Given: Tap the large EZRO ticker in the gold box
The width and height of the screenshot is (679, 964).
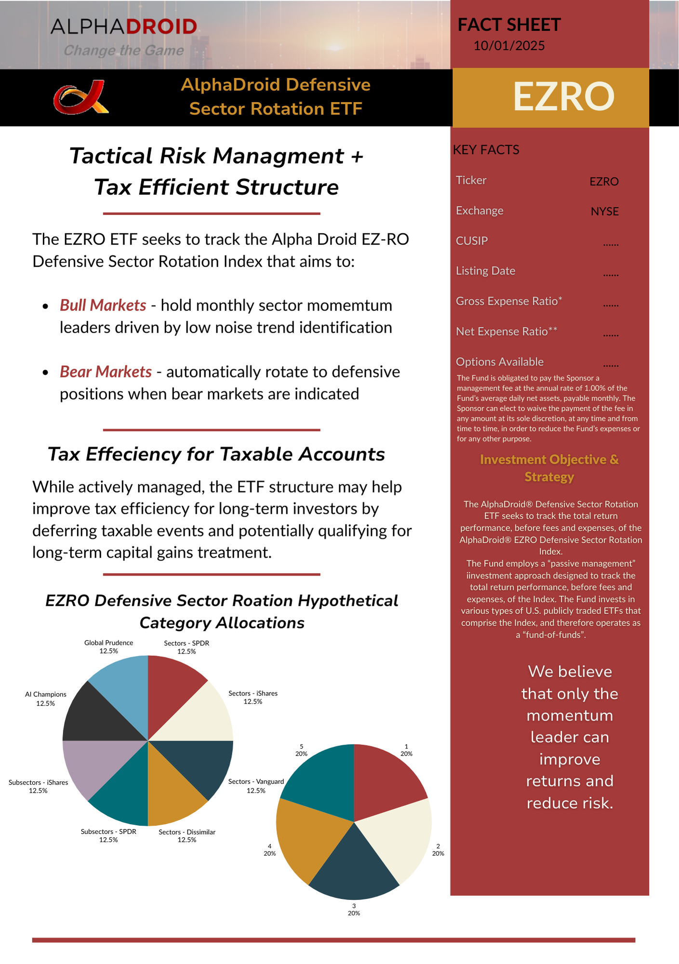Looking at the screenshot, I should [x=563, y=96].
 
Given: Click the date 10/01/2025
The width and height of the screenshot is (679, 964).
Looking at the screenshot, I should [x=509, y=46].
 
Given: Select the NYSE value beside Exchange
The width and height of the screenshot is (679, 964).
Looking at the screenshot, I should [x=604, y=212].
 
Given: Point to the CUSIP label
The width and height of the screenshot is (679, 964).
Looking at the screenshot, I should [x=472, y=241].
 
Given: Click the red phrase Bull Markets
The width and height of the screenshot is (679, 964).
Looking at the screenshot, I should [x=103, y=305].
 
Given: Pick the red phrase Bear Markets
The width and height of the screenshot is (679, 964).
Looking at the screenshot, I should [x=106, y=372].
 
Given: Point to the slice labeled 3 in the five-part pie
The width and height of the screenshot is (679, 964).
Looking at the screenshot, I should [x=354, y=868].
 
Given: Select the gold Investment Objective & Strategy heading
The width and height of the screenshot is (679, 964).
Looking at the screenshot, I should [x=549, y=468].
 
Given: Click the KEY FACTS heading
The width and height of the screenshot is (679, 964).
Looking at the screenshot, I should [x=486, y=150].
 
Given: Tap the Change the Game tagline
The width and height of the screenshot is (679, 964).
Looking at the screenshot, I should [x=123, y=51].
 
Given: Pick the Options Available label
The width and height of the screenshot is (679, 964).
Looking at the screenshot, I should [x=499, y=362].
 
